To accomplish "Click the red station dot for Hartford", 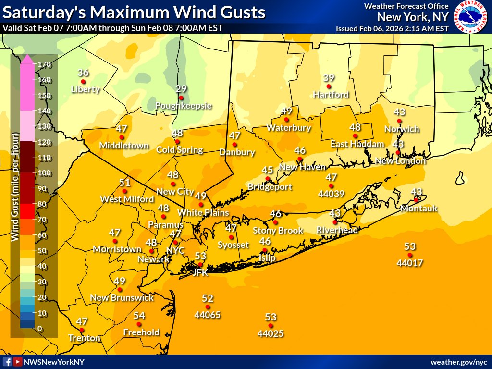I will pos(329,86).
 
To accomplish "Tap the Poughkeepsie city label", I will pos(184,106).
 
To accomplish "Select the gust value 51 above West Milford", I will pos(125,183).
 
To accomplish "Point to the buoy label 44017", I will pos(409,263).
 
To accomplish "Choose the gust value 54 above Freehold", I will pos(139,316).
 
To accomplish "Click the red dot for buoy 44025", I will pos(271,325).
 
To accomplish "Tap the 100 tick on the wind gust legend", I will pos(43,173).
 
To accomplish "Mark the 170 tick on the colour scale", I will pos(43,64).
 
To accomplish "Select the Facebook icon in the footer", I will pos(7,362).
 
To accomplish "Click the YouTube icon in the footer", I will pos(18,362).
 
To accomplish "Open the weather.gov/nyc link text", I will pos(458,362).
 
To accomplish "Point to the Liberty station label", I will pos(85,89).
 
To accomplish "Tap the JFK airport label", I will pos(200,272).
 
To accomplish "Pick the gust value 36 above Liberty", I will pos(83,73).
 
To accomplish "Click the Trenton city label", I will pos(84,338).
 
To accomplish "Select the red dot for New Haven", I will pos(300,159).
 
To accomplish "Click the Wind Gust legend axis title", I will pos(15,192).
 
